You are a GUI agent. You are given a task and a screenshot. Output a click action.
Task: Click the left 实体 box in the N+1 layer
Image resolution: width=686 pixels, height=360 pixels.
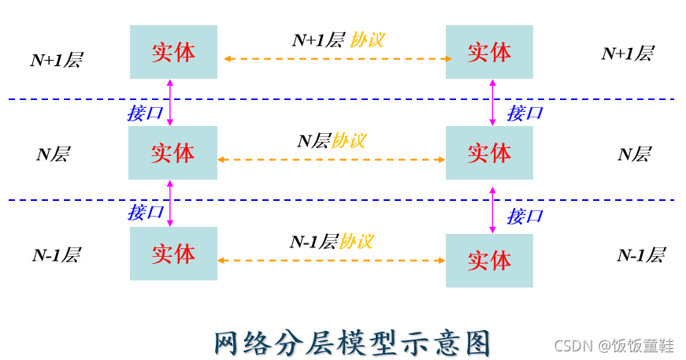tap(173, 52)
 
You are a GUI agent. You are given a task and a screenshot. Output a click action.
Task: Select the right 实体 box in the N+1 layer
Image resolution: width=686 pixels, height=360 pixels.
tap(489, 52)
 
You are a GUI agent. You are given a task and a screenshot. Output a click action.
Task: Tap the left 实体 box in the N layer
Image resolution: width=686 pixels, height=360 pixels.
tap(173, 153)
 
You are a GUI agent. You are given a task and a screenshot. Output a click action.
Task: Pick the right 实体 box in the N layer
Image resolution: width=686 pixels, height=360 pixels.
tap(489, 153)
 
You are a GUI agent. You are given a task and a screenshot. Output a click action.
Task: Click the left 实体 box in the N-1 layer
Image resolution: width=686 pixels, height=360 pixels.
tap(173, 254)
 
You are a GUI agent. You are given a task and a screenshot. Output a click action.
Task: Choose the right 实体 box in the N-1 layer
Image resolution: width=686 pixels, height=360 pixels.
tap(489, 261)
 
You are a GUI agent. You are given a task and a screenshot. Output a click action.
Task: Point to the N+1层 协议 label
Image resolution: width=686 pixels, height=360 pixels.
tap(338, 40)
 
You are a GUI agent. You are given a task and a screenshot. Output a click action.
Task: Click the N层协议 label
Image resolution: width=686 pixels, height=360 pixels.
tap(332, 141)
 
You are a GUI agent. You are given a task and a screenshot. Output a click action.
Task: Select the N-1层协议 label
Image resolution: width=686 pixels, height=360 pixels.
tap(332, 242)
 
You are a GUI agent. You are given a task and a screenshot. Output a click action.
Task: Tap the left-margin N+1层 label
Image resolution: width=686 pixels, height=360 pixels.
tap(57, 60)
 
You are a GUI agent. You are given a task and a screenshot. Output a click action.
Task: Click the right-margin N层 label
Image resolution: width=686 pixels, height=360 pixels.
tap(634, 154)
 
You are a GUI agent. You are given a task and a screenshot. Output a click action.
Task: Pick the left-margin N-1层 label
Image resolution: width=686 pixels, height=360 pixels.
tap(56, 255)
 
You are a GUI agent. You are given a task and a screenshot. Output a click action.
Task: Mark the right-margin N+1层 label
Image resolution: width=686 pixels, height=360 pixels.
tap(628, 54)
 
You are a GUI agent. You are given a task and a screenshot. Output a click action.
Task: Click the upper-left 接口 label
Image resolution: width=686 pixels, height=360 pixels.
tap(145, 113)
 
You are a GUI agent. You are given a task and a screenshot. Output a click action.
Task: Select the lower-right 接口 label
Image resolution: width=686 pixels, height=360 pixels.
tap(525, 216)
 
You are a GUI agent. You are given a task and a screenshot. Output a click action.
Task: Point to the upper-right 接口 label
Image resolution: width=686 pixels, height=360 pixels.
tap(525, 113)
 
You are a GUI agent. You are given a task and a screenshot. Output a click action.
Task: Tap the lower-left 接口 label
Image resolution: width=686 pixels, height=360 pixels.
tap(146, 212)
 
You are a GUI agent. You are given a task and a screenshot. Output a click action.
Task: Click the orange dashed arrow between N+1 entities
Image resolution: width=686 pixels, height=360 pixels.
tap(338, 59)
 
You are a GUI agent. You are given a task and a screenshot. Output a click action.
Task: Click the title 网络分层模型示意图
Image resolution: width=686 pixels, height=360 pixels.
tap(353, 343)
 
